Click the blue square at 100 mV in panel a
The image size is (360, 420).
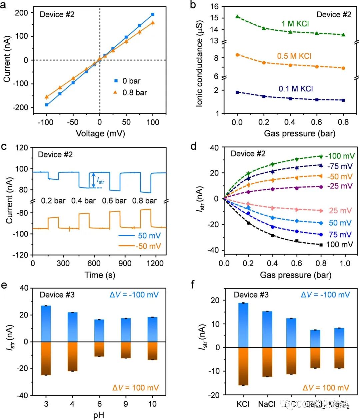(x=153, y=14)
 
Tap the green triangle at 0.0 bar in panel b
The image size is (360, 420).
(x=237, y=16)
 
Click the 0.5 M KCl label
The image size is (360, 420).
(x=294, y=56)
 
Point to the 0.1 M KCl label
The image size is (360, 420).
(x=296, y=89)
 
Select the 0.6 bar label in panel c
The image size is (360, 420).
(x=114, y=201)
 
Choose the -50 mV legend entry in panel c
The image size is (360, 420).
(x=148, y=246)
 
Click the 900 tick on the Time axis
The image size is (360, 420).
(x=125, y=263)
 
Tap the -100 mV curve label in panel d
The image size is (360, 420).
(x=340, y=156)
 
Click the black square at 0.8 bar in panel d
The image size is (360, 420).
(x=321, y=245)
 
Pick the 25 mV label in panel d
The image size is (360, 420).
(x=340, y=211)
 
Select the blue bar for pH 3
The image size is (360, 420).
(x=46, y=324)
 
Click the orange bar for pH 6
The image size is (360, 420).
(x=99, y=349)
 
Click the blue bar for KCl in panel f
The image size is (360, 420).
(x=243, y=325)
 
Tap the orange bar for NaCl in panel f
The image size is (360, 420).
(x=267, y=362)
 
